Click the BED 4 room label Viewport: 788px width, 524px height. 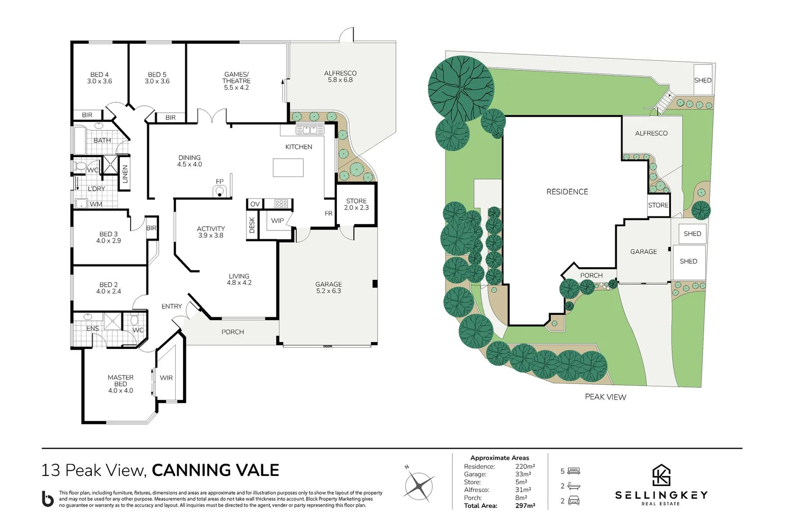99,78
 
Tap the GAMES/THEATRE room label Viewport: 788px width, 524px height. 236,81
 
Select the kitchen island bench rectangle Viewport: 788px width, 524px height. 288,168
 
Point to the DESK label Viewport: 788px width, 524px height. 252,225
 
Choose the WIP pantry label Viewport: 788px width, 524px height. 278,221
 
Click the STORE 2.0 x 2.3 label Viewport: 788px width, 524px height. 356,204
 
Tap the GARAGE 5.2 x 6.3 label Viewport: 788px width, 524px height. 328,287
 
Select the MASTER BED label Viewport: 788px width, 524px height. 120,384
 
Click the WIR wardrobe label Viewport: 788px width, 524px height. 166,378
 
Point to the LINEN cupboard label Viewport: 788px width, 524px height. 125,174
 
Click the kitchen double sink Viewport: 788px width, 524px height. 310,130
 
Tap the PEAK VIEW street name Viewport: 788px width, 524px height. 605,397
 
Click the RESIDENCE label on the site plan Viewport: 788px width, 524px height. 567,192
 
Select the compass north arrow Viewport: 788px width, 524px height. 419,486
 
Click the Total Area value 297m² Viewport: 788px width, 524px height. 525,506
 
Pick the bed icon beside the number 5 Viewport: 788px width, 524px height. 574,471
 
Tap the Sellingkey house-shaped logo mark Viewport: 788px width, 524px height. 661,475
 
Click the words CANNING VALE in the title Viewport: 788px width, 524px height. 215,470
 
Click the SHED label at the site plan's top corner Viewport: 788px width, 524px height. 702,81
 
